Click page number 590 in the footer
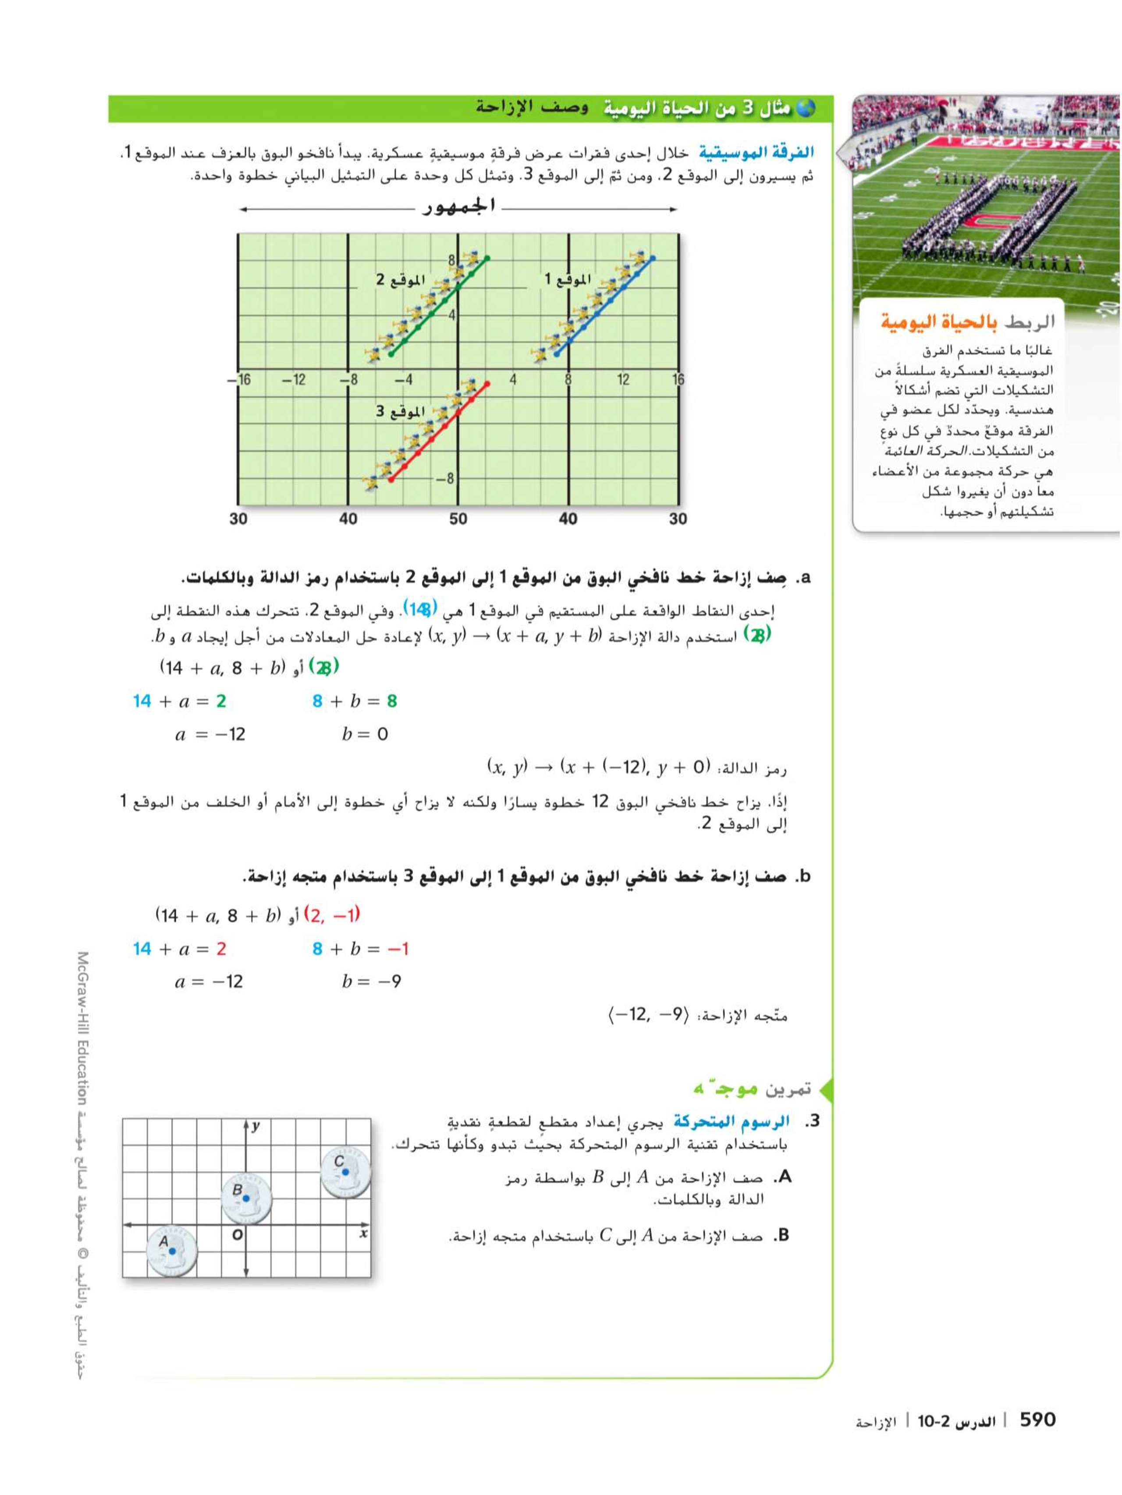click(x=1037, y=1419)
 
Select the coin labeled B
click(x=246, y=1198)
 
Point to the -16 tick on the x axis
click(x=239, y=380)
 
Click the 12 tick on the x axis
click(x=623, y=380)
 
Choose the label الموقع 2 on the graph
click(x=401, y=279)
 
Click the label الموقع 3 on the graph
click(x=401, y=411)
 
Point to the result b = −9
click(x=371, y=981)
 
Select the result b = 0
click(x=365, y=734)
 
